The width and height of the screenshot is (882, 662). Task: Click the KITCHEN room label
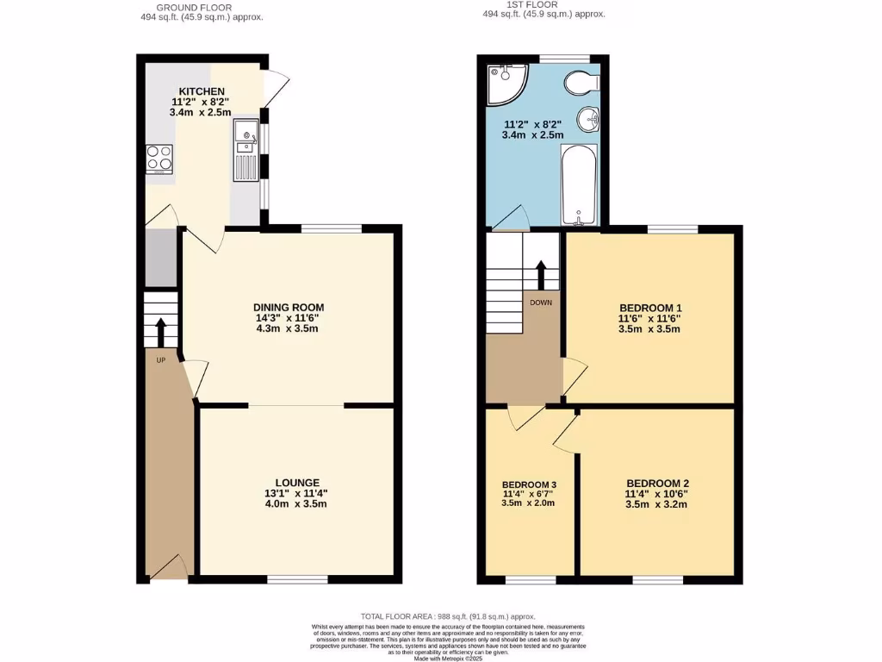click(202, 91)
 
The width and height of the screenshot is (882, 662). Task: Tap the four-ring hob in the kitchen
click(159, 159)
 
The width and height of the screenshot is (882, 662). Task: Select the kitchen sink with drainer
click(245, 150)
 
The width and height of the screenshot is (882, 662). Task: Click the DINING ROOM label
click(289, 307)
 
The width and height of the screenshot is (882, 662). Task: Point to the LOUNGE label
click(298, 483)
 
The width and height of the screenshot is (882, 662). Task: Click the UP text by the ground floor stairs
click(160, 360)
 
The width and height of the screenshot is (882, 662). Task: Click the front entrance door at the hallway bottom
click(169, 569)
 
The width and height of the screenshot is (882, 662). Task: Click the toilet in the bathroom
click(582, 83)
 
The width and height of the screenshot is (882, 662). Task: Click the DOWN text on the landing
click(541, 303)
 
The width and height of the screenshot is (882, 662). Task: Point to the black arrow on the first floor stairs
click(541, 275)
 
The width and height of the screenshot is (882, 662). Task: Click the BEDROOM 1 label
click(650, 308)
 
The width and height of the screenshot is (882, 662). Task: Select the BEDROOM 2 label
click(657, 483)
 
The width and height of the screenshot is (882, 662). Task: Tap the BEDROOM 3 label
click(529, 484)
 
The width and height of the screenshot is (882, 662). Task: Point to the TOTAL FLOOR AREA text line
click(448, 616)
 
